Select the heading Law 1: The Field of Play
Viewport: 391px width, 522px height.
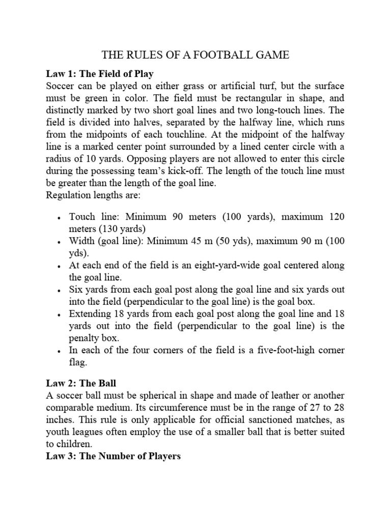point(100,73)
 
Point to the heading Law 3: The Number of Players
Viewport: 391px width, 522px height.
point(113,456)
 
